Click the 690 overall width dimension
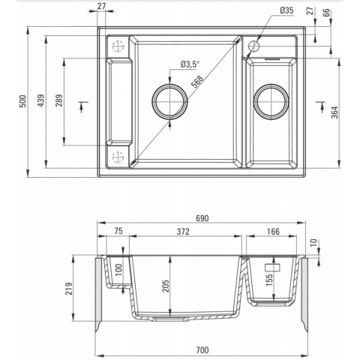pos(202,218)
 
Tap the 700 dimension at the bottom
pos(202,350)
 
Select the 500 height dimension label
pos(22,101)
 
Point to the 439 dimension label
pos(41,100)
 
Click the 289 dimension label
pos(59,100)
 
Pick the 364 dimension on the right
pos(335,112)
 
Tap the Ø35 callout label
pos(286,10)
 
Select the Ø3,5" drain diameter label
pos(190,64)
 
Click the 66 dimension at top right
pos(326,13)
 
